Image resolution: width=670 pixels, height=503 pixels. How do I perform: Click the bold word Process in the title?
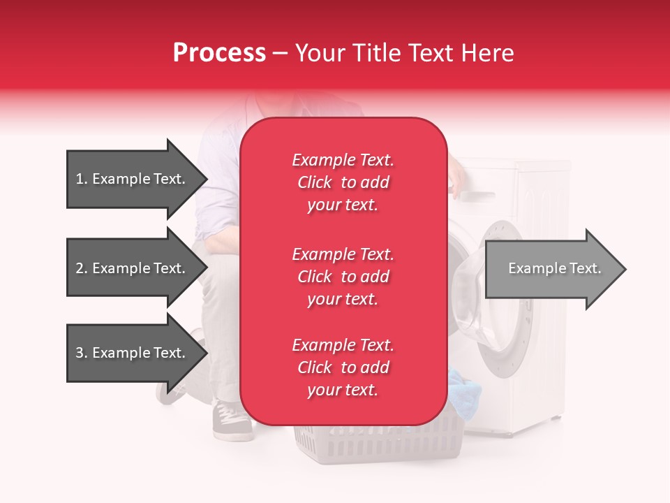point(219,52)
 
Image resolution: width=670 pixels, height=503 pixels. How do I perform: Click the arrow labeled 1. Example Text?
point(136,179)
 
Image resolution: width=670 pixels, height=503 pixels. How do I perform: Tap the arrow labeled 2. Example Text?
point(136,268)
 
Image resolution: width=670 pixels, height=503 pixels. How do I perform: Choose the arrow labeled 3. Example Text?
point(136,353)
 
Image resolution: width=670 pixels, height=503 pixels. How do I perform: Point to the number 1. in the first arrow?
point(82,179)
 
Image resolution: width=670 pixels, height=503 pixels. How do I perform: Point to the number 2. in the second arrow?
point(82,268)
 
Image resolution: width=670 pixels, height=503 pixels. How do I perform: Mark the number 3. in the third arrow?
point(82,353)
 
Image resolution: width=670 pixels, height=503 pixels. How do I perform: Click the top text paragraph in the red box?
point(343,182)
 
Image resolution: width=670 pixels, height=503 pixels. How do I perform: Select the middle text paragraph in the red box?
point(343,277)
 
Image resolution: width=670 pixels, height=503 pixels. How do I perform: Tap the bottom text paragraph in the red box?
point(343,367)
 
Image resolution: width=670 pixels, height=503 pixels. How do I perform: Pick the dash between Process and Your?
point(281,53)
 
